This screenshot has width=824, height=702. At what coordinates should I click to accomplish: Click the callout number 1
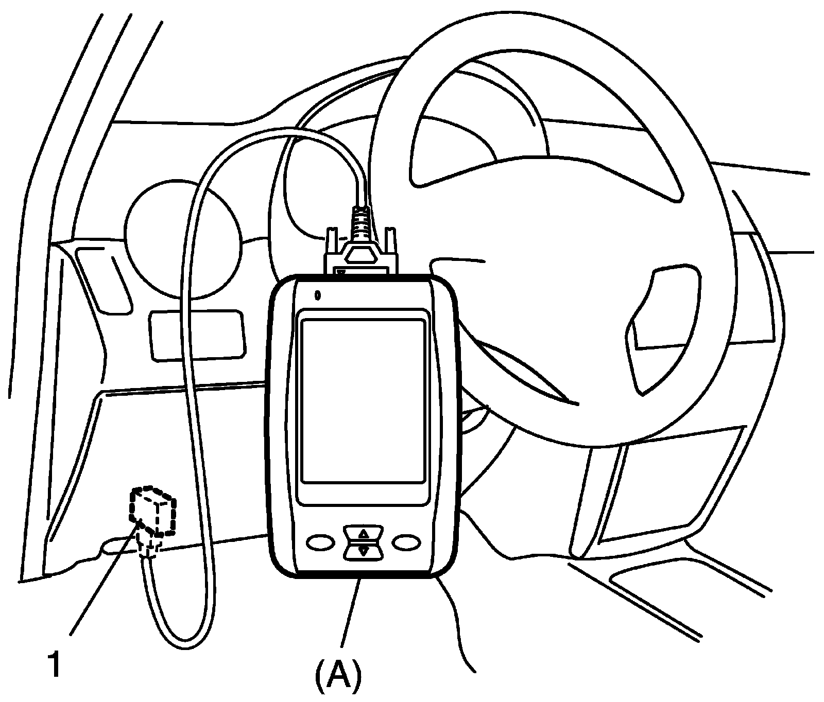(53, 664)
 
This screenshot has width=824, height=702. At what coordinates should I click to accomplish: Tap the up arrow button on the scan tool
(364, 533)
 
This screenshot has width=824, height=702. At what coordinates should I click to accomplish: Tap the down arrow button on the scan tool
(364, 551)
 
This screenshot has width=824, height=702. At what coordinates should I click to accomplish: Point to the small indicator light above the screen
(318, 295)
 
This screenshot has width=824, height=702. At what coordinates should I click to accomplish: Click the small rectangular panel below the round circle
(196, 335)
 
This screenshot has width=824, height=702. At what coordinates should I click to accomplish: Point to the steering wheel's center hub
(541, 288)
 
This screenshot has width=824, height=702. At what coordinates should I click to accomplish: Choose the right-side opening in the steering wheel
(664, 329)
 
